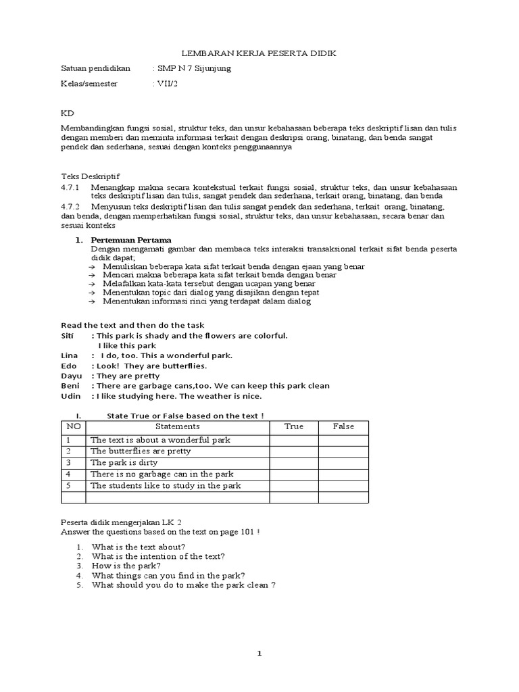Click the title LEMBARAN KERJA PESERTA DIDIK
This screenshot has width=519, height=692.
point(261,53)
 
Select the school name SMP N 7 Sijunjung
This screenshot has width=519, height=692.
point(193,68)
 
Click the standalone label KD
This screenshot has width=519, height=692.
point(67,112)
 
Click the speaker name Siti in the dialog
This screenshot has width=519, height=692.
point(70,336)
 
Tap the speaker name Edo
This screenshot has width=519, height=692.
point(69,366)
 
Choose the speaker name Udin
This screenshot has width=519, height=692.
point(71,396)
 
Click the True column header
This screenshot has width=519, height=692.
point(294,426)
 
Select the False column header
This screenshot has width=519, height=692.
point(343,426)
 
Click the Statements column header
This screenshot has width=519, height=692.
point(178,426)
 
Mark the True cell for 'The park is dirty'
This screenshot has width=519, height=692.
point(294,463)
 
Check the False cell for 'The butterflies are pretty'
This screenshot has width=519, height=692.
point(343,451)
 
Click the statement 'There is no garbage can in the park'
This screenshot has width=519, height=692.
point(162,474)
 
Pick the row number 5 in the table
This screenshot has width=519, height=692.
point(68,486)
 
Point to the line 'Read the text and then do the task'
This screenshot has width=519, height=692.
point(132,325)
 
